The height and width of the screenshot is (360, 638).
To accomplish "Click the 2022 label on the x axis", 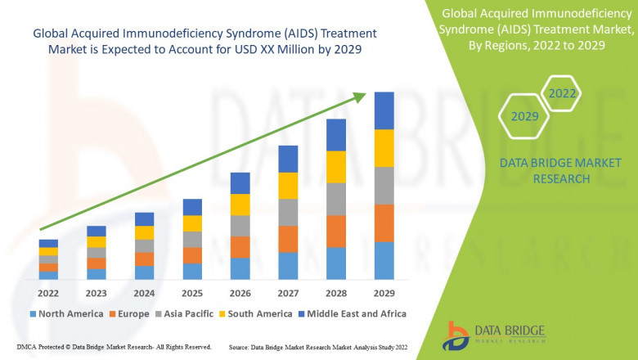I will (x=48, y=294).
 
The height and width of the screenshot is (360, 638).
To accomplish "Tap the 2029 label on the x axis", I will (x=384, y=294).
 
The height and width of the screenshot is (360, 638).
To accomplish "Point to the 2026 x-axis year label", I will (x=240, y=294).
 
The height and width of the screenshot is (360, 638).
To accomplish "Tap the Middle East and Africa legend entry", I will (x=357, y=313).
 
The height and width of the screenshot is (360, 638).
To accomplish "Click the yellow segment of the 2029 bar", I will (x=384, y=148).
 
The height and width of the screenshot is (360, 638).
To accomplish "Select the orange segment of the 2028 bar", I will (x=335, y=232).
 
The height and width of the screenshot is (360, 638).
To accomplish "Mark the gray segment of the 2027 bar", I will (x=288, y=212).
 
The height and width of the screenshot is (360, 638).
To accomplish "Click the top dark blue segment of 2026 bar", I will (x=240, y=182).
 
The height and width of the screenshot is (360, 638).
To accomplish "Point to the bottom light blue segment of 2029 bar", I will (x=384, y=261).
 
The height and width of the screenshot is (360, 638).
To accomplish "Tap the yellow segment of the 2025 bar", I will (x=192, y=223).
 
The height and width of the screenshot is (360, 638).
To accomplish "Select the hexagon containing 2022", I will (x=562, y=94).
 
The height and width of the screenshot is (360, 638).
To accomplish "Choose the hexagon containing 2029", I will (x=524, y=117).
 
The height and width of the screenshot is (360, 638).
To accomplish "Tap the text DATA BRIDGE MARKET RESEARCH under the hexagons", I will (x=544, y=171).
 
